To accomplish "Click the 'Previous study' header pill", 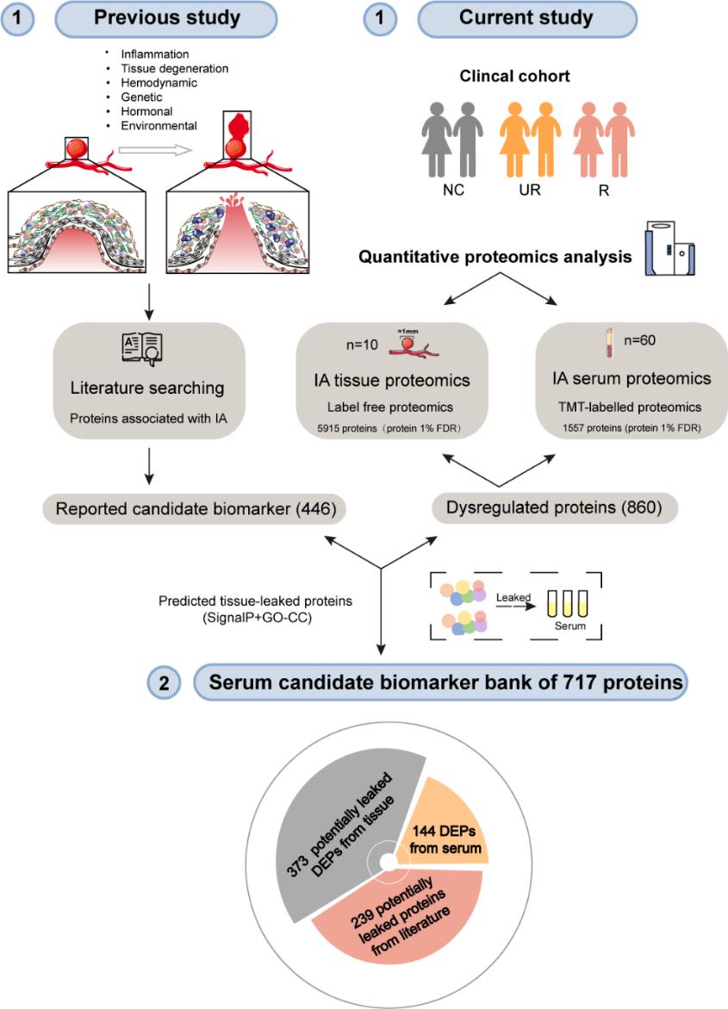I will (166, 18).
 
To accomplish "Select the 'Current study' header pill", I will (526, 18).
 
